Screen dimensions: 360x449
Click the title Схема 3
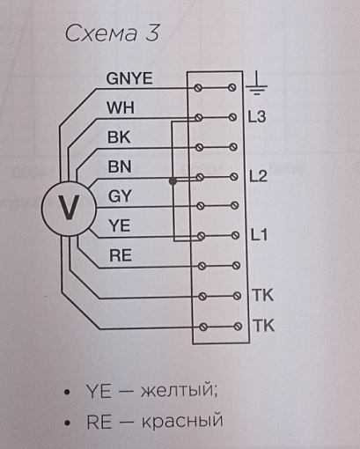(x=112, y=33)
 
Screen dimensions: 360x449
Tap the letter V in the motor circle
(x=69, y=207)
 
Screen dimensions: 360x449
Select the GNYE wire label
(x=129, y=78)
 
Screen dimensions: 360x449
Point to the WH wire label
(x=121, y=107)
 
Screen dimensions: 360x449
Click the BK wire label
(x=119, y=137)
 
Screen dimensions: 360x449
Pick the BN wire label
(x=120, y=166)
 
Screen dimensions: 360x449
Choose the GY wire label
(x=120, y=196)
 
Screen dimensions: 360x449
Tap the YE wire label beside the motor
(x=119, y=225)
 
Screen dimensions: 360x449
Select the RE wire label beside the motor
(x=121, y=255)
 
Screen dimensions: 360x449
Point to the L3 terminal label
(x=257, y=117)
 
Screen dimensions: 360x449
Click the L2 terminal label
(x=258, y=176)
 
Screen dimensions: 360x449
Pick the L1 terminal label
(x=260, y=235)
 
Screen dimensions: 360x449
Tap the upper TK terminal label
(x=263, y=295)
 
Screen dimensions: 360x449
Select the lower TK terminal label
(x=264, y=326)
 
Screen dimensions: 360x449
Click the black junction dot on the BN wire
(x=173, y=181)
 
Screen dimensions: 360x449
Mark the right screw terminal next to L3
(x=233, y=117)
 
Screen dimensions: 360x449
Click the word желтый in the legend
(x=180, y=391)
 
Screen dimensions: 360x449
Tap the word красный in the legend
(x=182, y=421)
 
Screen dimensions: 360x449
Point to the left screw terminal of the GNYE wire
(x=198, y=88)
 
